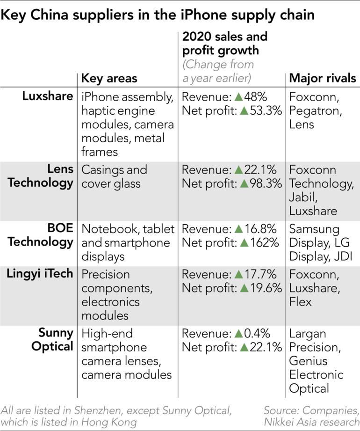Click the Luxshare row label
[48, 96]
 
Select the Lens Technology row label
[47, 176]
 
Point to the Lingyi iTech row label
[40, 274]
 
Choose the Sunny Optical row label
[54, 340]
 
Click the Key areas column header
[109, 78]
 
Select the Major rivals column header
[323, 78]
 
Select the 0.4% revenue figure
[258, 334]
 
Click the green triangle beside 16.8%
[239, 229]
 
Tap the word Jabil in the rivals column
[302, 197]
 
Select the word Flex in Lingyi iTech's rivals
[300, 302]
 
